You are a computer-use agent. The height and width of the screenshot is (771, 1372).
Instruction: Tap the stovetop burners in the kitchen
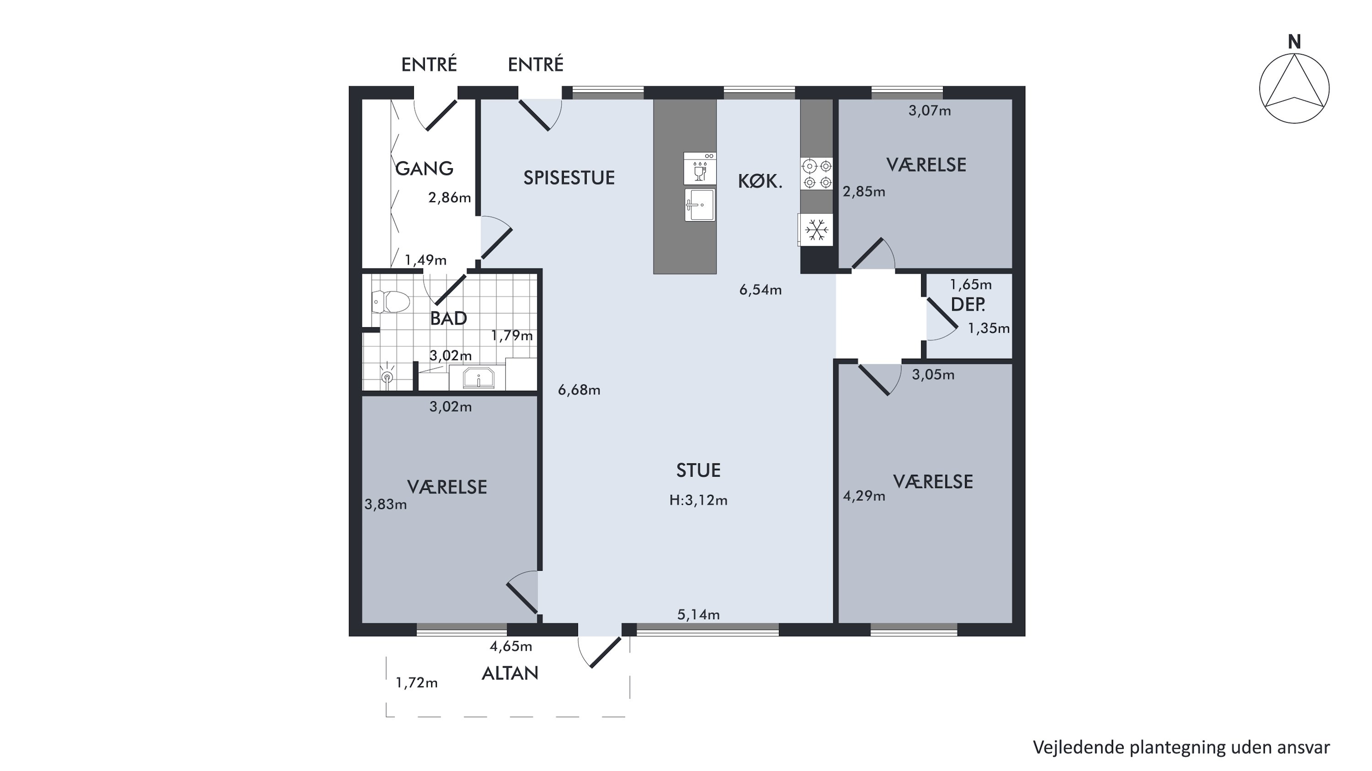coord(817,174)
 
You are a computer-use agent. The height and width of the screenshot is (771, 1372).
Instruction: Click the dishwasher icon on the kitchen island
coord(700,168)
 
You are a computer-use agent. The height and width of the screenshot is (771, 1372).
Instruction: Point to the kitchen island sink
coord(700,204)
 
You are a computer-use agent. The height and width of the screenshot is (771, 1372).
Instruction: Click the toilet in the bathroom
coord(391,302)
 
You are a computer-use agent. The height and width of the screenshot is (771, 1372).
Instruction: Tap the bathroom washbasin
coord(479,378)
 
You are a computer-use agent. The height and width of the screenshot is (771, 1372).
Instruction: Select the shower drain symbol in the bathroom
coord(388,377)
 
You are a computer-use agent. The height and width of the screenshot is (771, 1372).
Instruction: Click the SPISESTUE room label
coord(569,178)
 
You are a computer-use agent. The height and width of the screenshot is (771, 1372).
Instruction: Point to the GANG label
coord(424,169)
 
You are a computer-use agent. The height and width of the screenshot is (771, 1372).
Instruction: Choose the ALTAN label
coord(510,674)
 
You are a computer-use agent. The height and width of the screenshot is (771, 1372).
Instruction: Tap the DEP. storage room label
coord(968,304)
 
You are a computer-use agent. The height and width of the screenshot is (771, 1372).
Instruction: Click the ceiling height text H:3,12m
coord(698,500)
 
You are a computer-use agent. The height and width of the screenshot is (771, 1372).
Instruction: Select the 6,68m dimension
coord(579,390)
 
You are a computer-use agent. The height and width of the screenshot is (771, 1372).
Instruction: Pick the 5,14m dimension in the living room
coord(698,615)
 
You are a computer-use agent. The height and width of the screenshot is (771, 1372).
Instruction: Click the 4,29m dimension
coord(864,496)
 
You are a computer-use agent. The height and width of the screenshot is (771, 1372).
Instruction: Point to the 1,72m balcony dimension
coord(417,683)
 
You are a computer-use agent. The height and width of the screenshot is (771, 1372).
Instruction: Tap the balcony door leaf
coord(606,652)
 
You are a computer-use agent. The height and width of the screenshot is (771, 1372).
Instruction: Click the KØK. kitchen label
coord(760,181)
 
